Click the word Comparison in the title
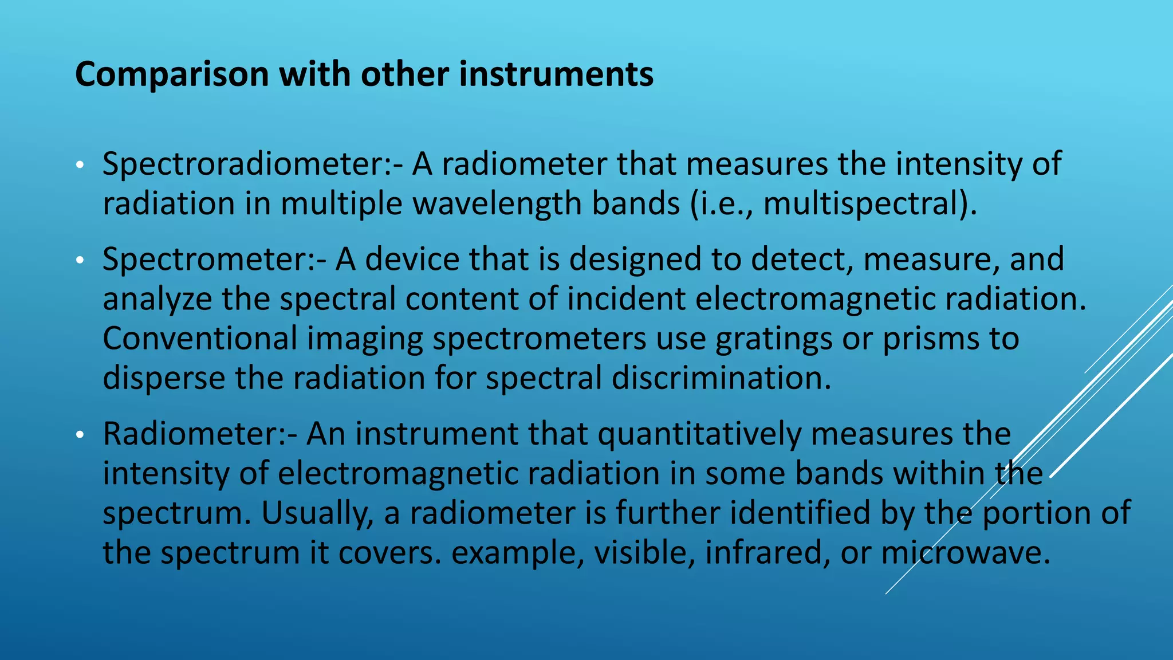pyautogui.click(x=172, y=75)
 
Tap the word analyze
pyautogui.click(x=157, y=300)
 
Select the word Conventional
pyautogui.click(x=200, y=339)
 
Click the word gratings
pyautogui.click(x=774, y=339)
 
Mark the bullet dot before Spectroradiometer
pyautogui.click(x=80, y=166)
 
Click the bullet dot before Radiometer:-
pyautogui.click(x=80, y=435)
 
